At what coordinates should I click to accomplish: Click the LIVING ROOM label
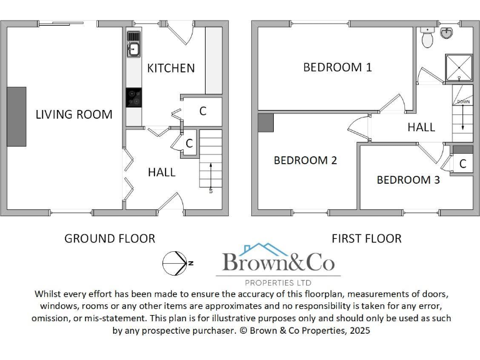click(x=74, y=114)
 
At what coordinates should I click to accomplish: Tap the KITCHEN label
click(x=171, y=68)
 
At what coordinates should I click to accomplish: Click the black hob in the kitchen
click(x=134, y=97)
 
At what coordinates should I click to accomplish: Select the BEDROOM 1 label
click(x=337, y=67)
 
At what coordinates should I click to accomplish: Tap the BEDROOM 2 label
click(x=305, y=161)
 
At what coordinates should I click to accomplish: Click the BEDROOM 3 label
click(x=408, y=180)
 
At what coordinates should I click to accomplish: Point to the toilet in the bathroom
click(x=428, y=39)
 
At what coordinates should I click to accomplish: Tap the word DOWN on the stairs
click(x=463, y=101)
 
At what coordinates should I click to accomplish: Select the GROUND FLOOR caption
click(x=110, y=238)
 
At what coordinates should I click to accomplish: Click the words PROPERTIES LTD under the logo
click(x=279, y=282)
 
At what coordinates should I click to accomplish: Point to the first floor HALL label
click(x=421, y=127)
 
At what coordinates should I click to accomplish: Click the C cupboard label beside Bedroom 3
click(x=462, y=164)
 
